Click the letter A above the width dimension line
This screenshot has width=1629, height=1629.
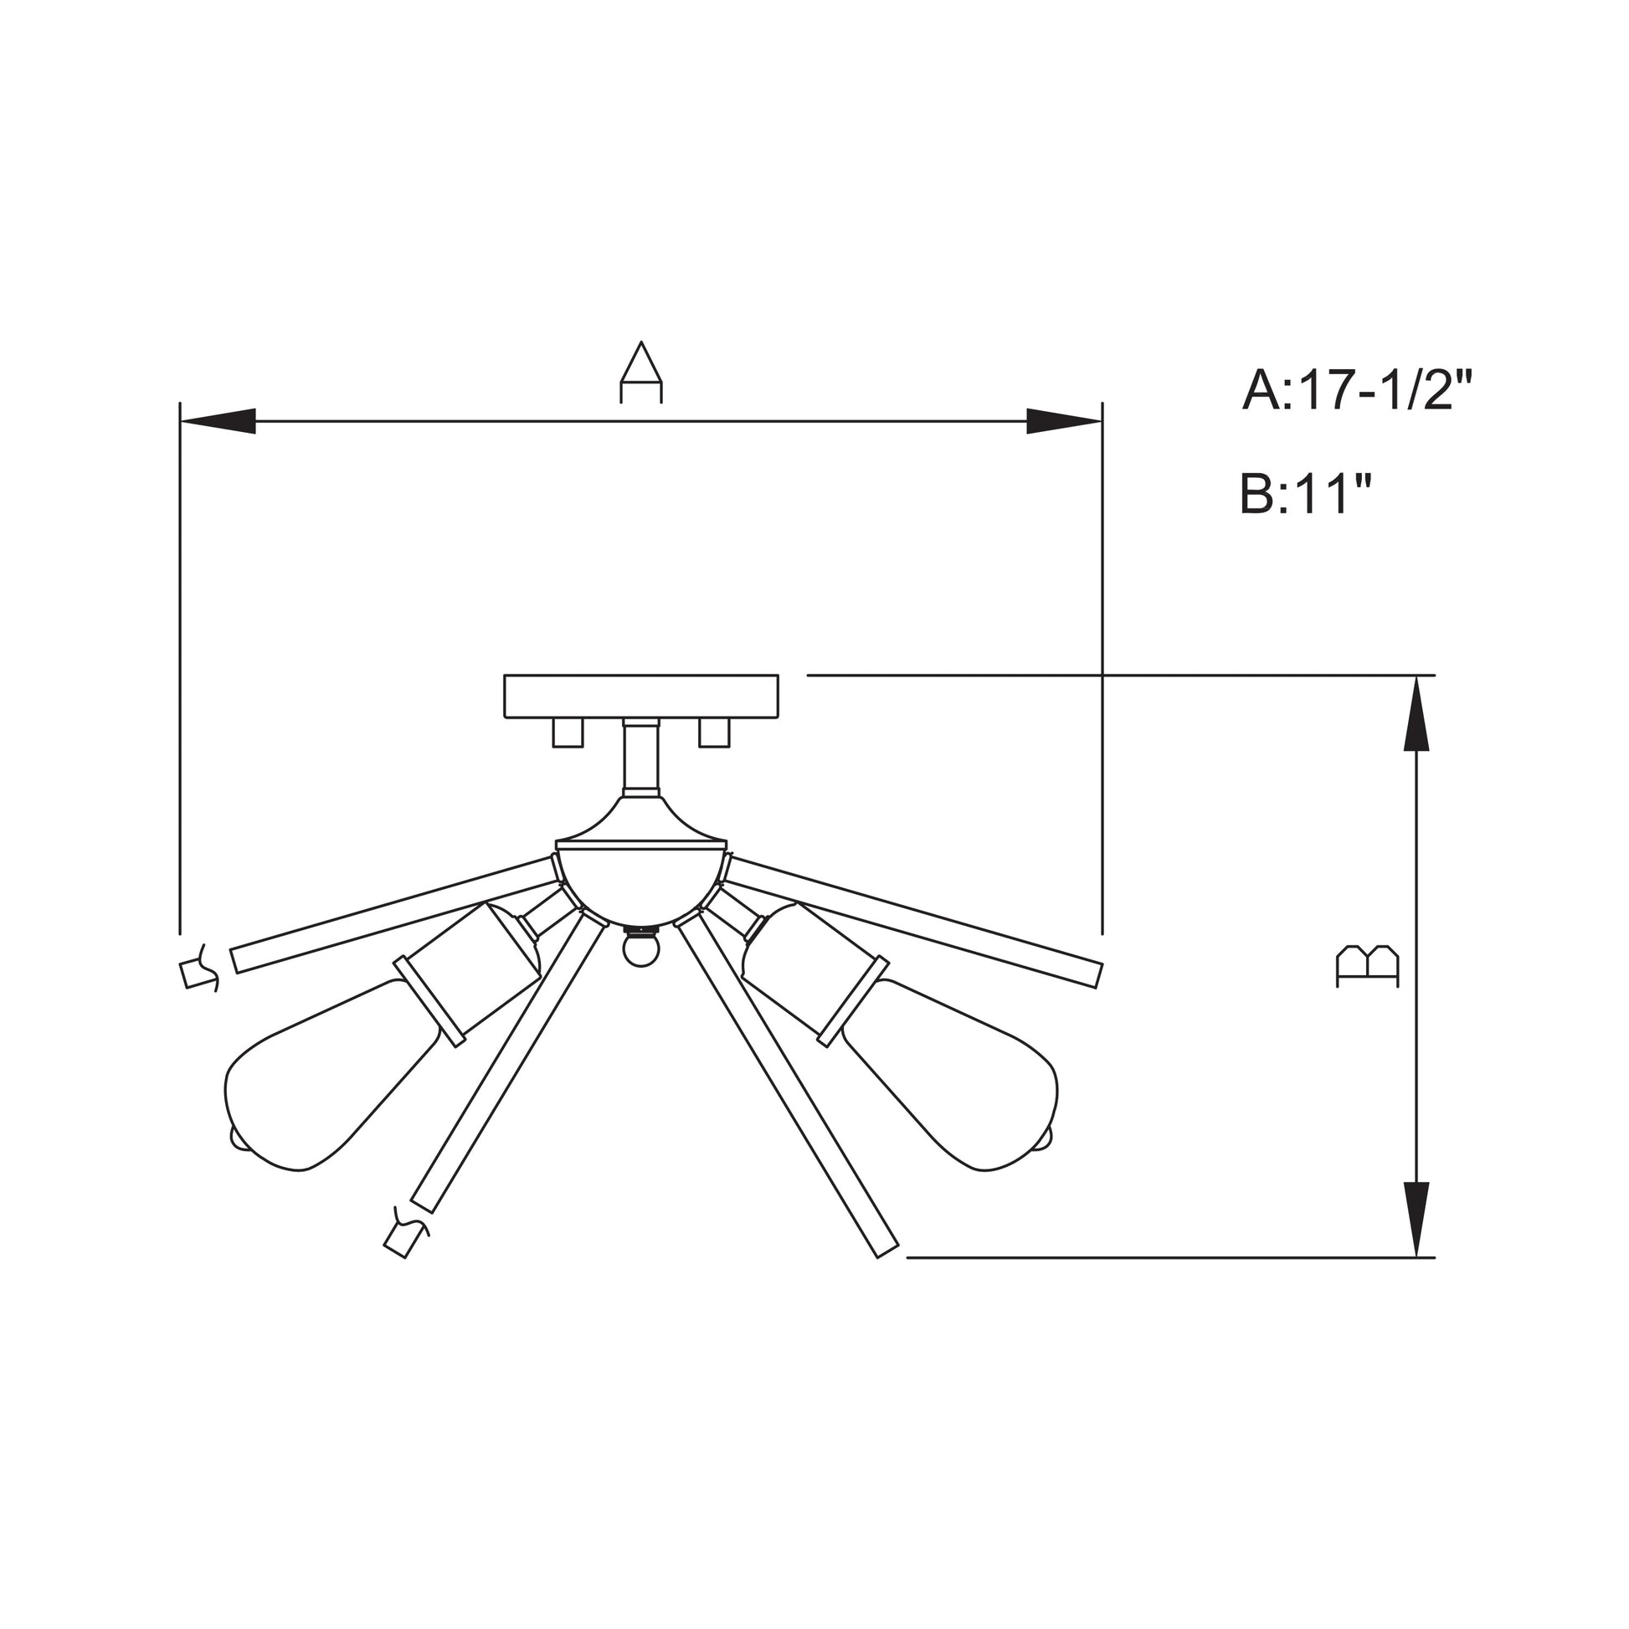click(641, 373)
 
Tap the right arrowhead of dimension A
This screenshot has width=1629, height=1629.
click(1063, 421)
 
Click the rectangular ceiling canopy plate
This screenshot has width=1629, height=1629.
click(641, 696)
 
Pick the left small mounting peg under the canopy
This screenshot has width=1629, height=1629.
click(568, 732)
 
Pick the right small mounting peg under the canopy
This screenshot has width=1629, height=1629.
click(713, 732)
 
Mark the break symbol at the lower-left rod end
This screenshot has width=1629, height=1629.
click(405, 1236)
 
